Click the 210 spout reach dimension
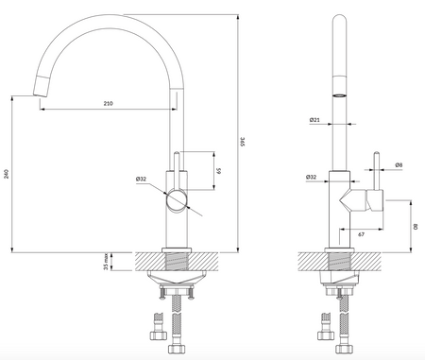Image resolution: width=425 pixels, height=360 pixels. (108, 103)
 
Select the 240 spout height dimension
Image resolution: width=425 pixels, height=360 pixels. (7, 174)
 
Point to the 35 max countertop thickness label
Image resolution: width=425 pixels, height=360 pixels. (106, 262)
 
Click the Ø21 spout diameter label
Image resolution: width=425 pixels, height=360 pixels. (314, 120)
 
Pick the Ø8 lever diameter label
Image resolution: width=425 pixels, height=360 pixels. (399, 164)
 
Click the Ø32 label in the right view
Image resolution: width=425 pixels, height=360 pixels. (311, 177)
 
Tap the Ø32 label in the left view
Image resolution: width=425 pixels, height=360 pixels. (141, 179)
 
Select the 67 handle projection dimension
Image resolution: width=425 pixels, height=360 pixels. (361, 234)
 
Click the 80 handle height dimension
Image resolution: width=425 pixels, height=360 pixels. (416, 227)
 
